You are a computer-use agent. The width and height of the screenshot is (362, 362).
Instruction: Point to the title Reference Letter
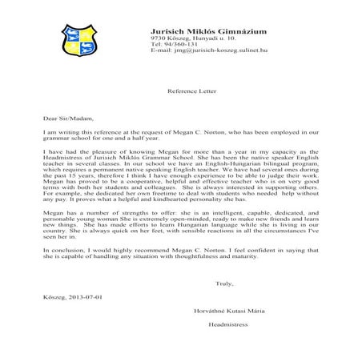tap(180, 91)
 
